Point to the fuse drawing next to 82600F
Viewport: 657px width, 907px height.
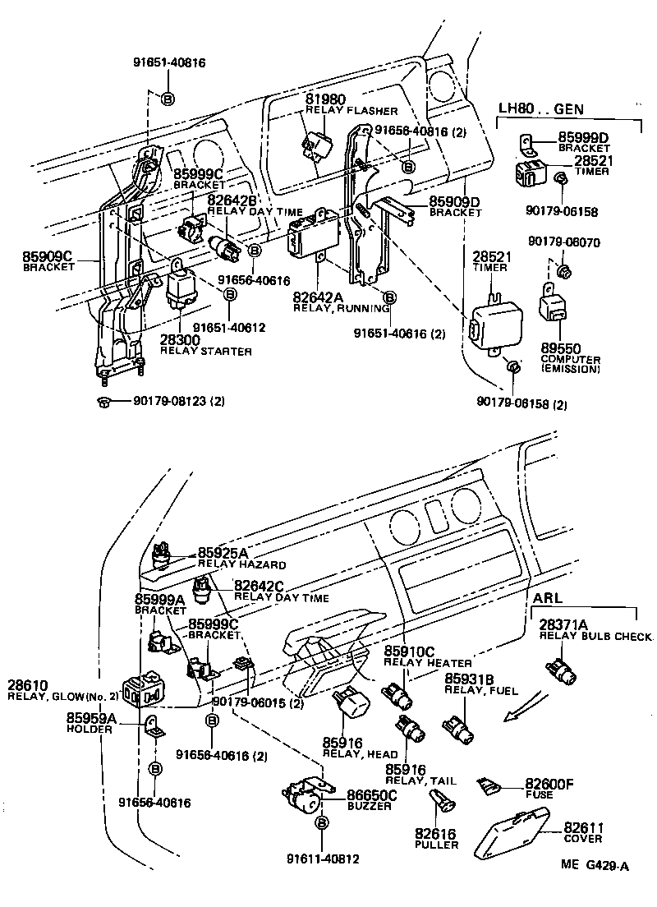[489, 787]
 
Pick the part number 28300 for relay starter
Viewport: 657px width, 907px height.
[180, 340]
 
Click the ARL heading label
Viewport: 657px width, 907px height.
[549, 597]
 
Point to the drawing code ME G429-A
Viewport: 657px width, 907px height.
[595, 865]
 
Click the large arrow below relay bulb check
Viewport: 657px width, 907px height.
[522, 707]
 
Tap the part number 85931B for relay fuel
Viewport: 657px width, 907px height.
[469, 679]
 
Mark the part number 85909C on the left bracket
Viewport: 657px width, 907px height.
[48, 256]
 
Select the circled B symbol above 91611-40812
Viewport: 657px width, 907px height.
[322, 822]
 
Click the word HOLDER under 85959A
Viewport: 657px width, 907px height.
[85, 729]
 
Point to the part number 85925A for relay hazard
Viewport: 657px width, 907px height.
[223, 554]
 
